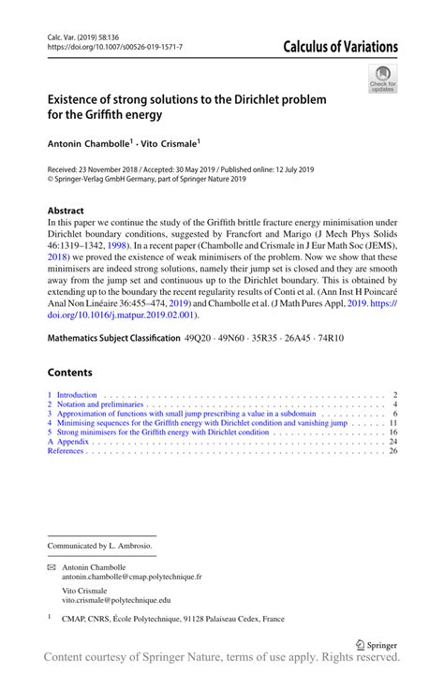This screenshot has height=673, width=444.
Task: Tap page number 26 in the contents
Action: [393, 450]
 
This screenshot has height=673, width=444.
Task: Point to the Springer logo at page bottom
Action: [377, 644]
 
